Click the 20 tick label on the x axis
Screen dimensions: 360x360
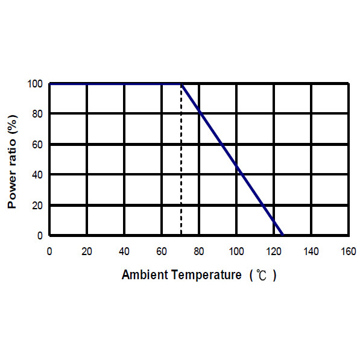(x=87, y=251)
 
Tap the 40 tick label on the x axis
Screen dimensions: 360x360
(x=124, y=251)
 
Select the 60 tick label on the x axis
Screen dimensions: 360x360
(x=162, y=251)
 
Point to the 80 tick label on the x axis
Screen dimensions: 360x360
(x=199, y=251)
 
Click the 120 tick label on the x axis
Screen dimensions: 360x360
(x=273, y=251)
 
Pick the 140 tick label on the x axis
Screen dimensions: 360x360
(x=311, y=251)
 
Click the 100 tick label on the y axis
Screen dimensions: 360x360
(x=35, y=84)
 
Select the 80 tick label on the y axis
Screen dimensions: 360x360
(x=37, y=113)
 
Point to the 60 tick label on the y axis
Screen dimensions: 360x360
(x=37, y=144)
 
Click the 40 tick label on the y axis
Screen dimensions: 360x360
(x=37, y=174)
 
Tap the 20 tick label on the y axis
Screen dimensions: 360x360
(x=37, y=205)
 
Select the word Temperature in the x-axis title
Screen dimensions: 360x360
(x=206, y=275)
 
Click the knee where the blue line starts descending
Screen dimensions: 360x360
(x=181, y=84)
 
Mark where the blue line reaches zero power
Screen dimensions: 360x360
(x=283, y=235)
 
